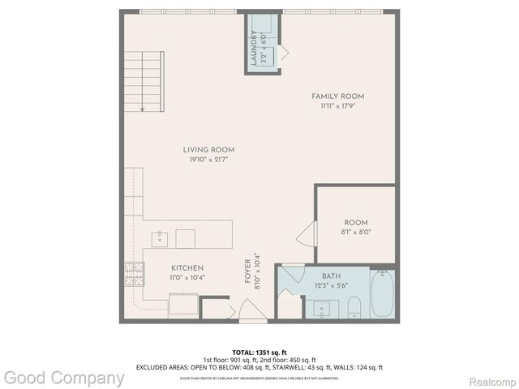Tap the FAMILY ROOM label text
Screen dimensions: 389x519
(x=333, y=96)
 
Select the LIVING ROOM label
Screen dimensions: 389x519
(x=208, y=150)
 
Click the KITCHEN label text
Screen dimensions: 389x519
(x=187, y=268)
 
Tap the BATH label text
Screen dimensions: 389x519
(x=330, y=276)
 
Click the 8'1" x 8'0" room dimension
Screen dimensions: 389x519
(x=356, y=232)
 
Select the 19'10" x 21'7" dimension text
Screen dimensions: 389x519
(x=208, y=160)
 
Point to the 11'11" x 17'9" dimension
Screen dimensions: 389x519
(x=333, y=105)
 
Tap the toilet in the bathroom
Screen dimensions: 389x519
(x=354, y=307)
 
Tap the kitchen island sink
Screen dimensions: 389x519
(x=161, y=237)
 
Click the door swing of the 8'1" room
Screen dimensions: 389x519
(x=306, y=237)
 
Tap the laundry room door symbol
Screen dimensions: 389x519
(x=283, y=53)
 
